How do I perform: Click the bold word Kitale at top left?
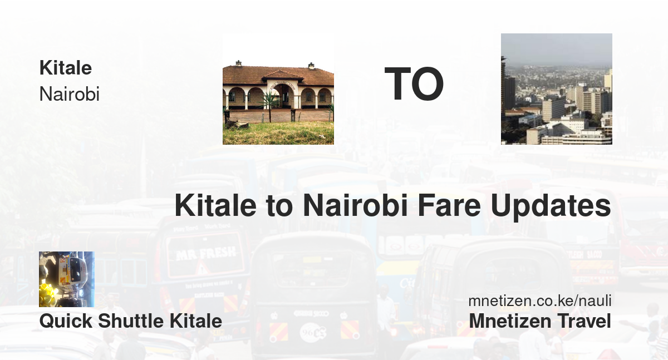(66, 68)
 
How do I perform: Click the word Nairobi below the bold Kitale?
(69, 94)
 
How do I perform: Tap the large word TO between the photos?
(414, 84)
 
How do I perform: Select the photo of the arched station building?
(278, 89)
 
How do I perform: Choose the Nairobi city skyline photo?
(557, 89)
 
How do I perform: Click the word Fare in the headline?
(449, 206)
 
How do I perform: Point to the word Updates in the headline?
(551, 207)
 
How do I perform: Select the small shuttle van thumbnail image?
(67, 279)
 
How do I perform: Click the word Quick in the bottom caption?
(66, 321)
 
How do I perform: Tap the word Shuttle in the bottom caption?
(131, 320)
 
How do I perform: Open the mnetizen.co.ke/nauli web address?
(540, 300)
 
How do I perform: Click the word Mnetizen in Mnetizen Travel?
(510, 321)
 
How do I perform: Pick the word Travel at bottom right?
(584, 321)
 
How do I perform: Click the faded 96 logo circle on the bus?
(312, 332)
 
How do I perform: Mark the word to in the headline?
(279, 206)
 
